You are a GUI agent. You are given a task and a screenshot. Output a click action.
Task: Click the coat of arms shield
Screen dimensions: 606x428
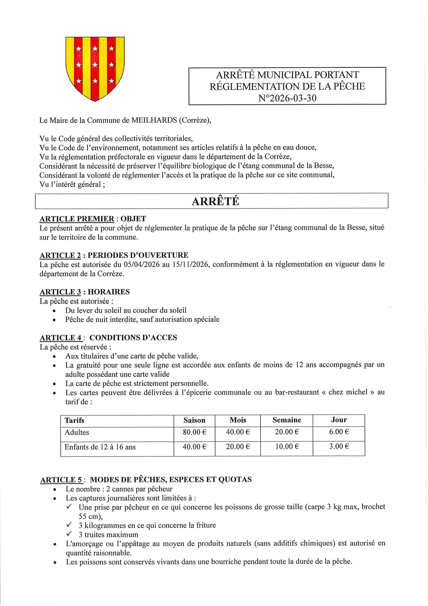tap(95, 68)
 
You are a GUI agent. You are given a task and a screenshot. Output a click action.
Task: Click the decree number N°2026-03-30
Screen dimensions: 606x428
tap(287, 98)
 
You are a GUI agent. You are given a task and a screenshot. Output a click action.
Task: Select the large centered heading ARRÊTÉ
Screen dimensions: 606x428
tap(215, 201)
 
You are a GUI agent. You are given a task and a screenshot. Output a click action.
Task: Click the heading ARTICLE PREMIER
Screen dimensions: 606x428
tap(77, 219)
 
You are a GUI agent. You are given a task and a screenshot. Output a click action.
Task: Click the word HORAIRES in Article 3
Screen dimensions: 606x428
tap(109, 292)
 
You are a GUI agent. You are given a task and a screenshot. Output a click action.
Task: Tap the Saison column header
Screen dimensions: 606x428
tap(194, 420)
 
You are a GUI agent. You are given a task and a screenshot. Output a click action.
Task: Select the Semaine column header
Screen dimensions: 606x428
tap(287, 420)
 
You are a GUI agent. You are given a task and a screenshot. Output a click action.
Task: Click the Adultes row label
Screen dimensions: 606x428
tap(77, 432)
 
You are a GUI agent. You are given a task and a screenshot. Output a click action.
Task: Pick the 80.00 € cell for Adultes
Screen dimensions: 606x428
tap(194, 432)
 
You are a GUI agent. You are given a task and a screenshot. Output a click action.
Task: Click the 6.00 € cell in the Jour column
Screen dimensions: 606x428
tap(339, 432)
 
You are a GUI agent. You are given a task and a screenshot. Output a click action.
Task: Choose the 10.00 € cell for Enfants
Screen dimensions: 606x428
tap(287, 446)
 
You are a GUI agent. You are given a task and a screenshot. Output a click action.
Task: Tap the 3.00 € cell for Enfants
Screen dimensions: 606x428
tap(339, 446)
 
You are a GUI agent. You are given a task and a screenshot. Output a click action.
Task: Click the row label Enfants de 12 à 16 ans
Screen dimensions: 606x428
tap(100, 447)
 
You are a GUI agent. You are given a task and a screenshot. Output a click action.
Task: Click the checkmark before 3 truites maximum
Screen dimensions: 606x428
tap(69, 534)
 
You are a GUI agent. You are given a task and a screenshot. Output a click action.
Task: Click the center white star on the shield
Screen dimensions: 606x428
tap(95, 65)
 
